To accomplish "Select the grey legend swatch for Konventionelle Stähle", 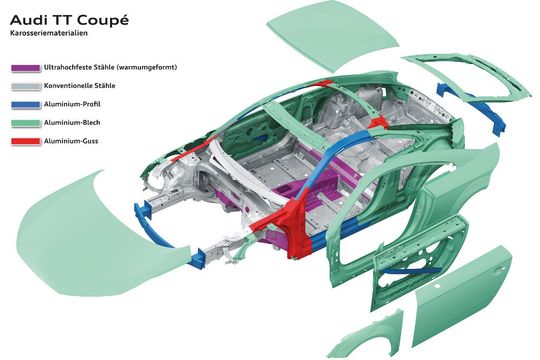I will click(24, 85).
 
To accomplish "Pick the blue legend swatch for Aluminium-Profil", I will click(24, 103).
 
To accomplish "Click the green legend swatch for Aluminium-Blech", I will click(24, 121).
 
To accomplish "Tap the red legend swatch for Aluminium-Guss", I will click(24, 140).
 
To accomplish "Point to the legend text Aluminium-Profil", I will click(73, 103).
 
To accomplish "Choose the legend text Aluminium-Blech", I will click(73, 121).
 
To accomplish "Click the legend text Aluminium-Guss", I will click(72, 140).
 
